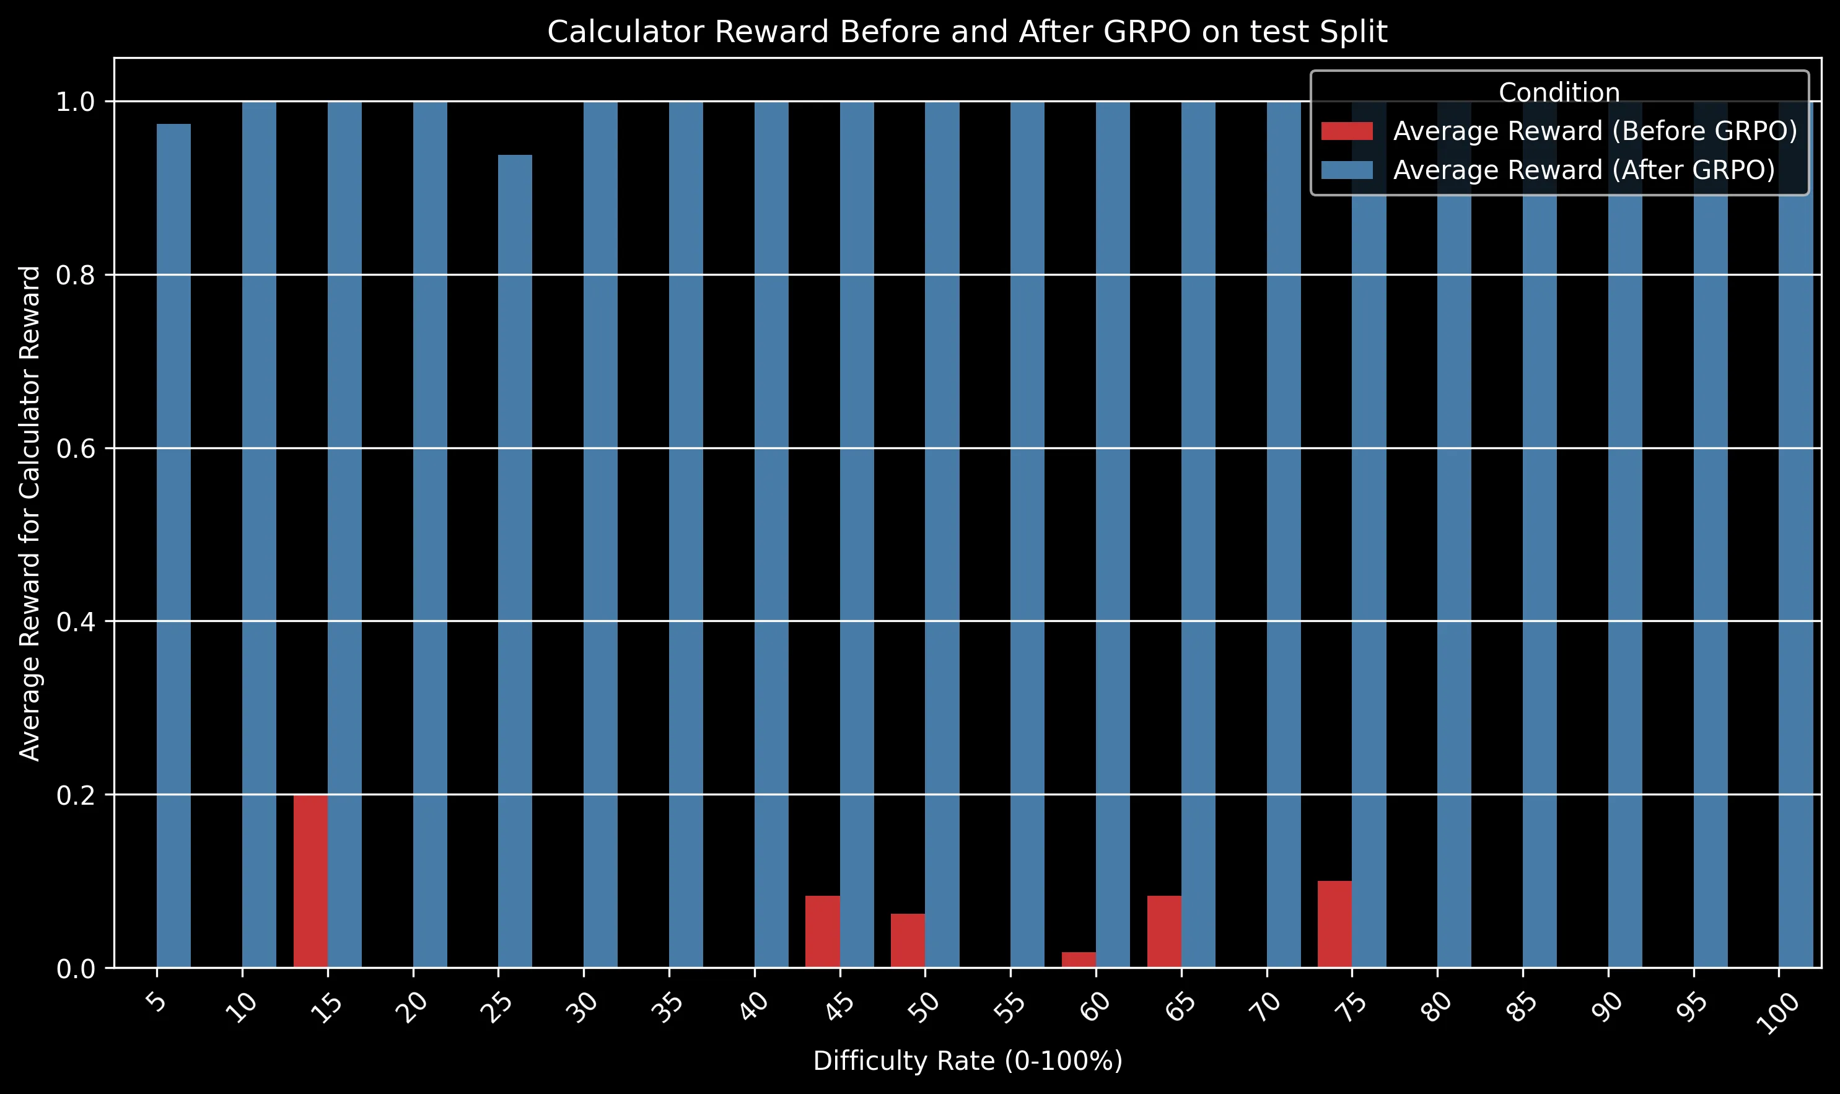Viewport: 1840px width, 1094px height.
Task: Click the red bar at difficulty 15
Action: [x=310, y=881]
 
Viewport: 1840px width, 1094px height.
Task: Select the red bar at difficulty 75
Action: [x=1334, y=924]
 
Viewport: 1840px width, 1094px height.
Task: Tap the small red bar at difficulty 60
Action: [x=1079, y=959]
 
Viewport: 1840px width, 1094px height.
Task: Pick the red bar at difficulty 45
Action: [x=822, y=931]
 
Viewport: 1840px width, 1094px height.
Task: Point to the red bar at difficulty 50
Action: [x=908, y=940]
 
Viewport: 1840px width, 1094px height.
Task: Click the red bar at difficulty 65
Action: [x=1164, y=931]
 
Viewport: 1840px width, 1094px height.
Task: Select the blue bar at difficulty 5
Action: [x=174, y=546]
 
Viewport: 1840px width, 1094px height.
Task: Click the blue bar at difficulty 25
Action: [x=515, y=560]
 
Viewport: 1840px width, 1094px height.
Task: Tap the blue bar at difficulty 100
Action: [x=1796, y=590]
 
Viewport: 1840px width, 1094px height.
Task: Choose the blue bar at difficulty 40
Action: [x=771, y=534]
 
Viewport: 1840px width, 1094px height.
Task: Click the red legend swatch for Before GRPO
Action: [x=1347, y=131]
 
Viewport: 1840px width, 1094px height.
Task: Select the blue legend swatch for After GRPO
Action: [x=1347, y=170]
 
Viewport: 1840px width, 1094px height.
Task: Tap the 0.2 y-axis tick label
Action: [x=76, y=795]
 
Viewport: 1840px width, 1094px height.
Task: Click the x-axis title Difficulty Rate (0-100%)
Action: [x=967, y=1061]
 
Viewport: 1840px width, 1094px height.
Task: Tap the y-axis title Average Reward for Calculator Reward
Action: [x=30, y=513]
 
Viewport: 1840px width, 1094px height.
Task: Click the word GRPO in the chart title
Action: [x=1154, y=32]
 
